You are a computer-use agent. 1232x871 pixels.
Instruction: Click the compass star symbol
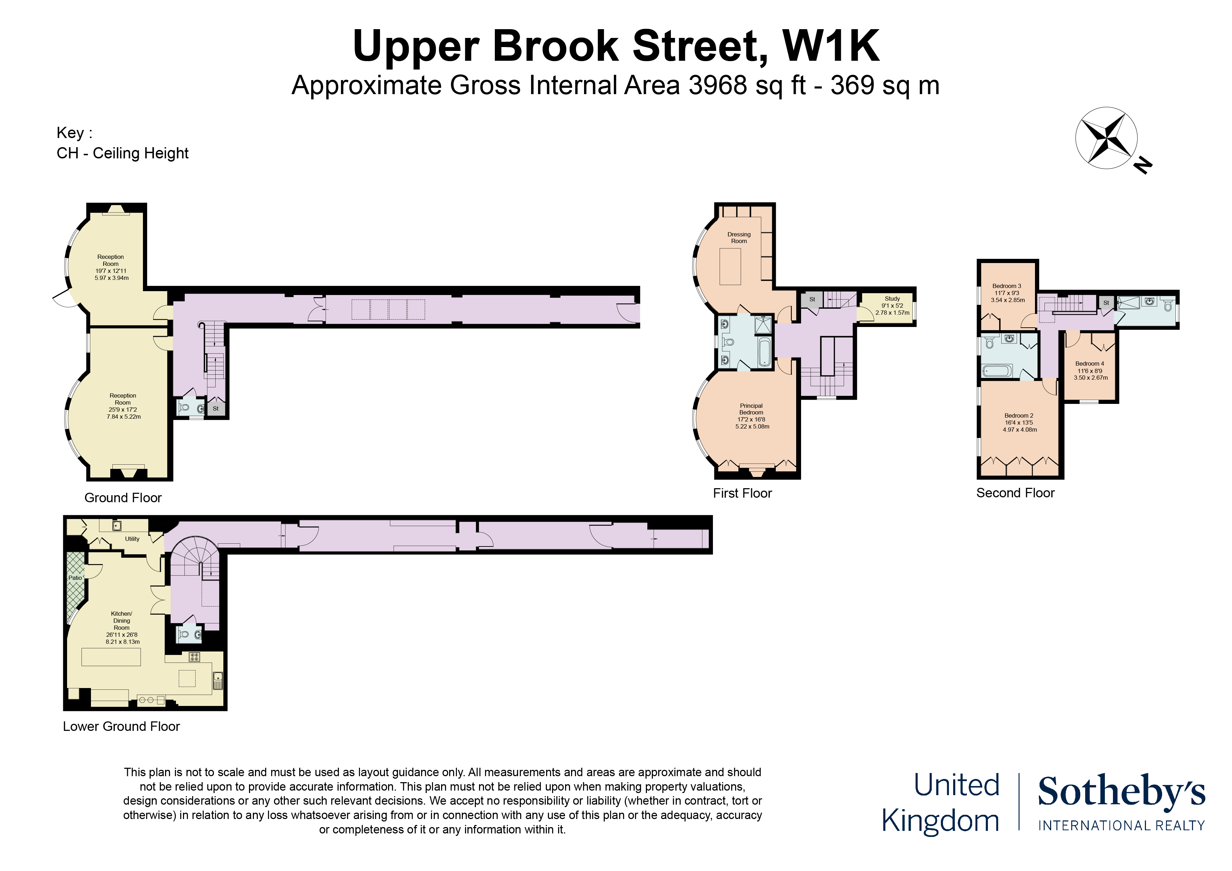click(1106, 138)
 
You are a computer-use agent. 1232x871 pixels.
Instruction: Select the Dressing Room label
click(739, 238)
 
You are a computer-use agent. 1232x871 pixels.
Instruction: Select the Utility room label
click(132, 539)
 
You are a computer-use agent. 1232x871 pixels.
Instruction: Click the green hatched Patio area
click(75, 587)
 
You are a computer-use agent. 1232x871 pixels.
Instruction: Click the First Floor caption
click(742, 493)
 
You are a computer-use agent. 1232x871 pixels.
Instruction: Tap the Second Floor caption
click(1015, 493)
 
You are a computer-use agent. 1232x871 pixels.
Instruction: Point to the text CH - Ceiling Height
click(122, 153)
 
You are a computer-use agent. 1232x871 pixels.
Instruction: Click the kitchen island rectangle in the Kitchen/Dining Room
click(111, 657)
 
